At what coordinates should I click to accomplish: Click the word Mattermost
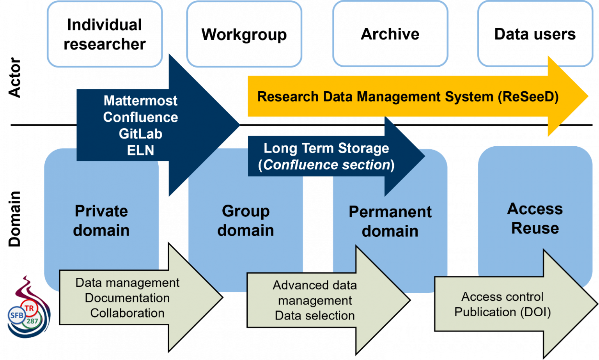tap(140, 101)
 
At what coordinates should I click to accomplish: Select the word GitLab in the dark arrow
tap(140, 134)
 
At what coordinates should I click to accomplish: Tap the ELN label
tap(140, 150)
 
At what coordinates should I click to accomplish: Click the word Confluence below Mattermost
tap(140, 117)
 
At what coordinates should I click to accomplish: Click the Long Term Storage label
tap(326, 148)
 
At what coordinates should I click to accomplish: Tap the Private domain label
tap(101, 221)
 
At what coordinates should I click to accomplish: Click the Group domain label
tap(246, 221)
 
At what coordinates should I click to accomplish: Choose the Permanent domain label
tap(390, 222)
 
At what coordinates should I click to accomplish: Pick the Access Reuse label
tap(535, 218)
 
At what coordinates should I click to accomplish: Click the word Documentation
tap(127, 298)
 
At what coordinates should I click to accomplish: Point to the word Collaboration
tap(127, 313)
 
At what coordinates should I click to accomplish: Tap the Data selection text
tap(315, 316)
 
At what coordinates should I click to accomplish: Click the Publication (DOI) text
tap(502, 312)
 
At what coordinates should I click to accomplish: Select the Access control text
tap(502, 297)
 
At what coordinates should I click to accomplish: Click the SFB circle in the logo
tap(17, 315)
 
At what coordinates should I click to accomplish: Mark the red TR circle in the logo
tap(29, 308)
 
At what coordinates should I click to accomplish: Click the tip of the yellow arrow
tap(587, 96)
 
